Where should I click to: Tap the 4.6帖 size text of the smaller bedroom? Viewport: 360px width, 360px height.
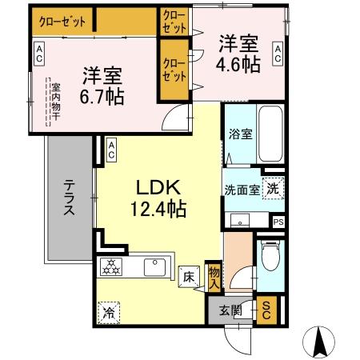click(x=237, y=63)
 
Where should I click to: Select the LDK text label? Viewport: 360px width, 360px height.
click(x=159, y=190)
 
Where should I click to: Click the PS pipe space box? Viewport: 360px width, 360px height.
click(x=278, y=222)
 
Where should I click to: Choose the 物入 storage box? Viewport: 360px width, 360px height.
click(x=214, y=276)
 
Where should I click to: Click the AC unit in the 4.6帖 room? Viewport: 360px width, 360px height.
click(x=278, y=54)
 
